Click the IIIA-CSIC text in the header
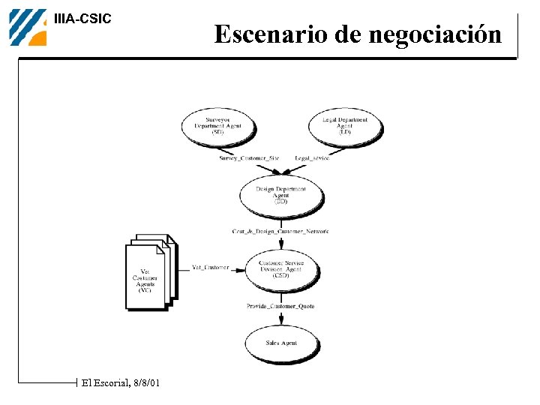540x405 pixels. (82, 19)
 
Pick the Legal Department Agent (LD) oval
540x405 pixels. (345, 125)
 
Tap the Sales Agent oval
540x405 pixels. (281, 343)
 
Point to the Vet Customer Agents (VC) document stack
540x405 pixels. (148, 276)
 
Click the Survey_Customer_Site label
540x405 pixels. (249, 158)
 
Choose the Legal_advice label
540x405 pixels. (312, 158)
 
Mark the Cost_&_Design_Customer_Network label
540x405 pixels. (280, 232)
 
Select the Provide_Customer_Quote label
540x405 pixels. (280, 306)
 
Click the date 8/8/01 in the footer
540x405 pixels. (145, 383)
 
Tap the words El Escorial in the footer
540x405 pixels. (104, 383)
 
